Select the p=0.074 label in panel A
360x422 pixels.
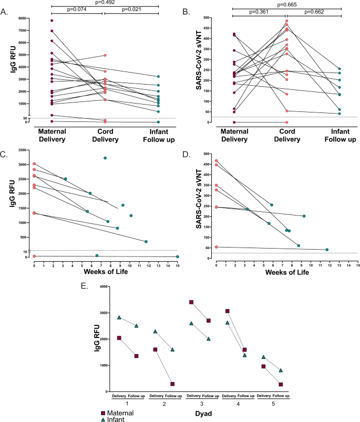pos(78,9)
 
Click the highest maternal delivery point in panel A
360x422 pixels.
pos(52,20)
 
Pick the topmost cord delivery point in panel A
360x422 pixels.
pos(105,55)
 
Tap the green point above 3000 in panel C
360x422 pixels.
pos(105,158)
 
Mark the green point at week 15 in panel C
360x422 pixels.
pos(178,256)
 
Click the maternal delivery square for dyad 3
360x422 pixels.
pos(191,302)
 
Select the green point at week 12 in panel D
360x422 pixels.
pos(327,250)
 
